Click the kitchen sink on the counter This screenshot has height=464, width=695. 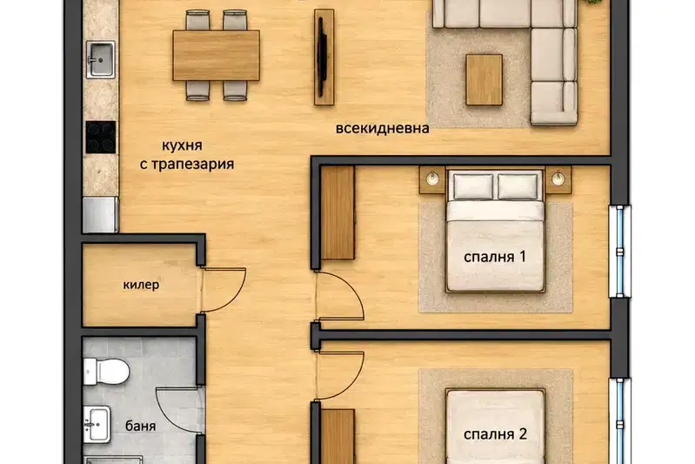101,59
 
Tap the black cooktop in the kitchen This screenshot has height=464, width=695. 101,137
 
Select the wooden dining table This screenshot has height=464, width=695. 216,56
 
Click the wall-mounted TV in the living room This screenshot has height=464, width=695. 324,57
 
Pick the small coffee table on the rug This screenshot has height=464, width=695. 484,80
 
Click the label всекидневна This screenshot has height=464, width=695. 382,129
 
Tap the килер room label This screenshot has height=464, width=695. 141,285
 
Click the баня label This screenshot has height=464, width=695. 141,427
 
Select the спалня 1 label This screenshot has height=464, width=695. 495,257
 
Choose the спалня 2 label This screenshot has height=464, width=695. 495,434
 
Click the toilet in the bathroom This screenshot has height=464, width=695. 106,372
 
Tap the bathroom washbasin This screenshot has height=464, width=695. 97,425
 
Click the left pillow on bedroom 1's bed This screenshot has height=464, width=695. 473,186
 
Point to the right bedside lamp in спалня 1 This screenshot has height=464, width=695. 558,178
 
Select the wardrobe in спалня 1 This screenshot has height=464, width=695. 337,212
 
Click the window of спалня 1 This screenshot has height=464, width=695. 619,252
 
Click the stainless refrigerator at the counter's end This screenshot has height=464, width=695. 101,215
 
